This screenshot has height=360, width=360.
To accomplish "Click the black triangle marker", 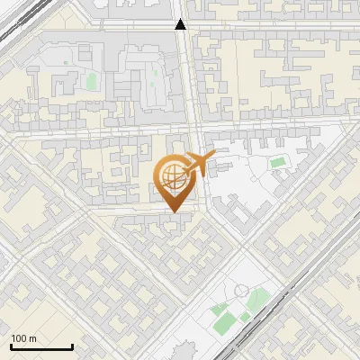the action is coord(181,24).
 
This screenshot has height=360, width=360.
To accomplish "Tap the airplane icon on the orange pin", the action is coord(197,163).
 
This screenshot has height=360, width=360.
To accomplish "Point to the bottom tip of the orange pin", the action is coord(174,212).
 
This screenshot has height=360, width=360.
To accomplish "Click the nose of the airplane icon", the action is coord(213,155).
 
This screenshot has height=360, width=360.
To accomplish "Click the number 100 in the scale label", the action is coord(19,338).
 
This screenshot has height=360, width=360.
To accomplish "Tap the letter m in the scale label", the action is coord(32,338).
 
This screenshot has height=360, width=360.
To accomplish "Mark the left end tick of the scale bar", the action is coord(12,346).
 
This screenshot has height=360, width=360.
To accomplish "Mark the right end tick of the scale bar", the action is coord(72,346).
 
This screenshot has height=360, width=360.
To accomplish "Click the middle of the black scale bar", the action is coord(41,347).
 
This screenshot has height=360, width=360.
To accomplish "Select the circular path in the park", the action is coord(241,292).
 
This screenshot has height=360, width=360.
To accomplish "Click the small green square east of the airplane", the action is coord(278,163).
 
